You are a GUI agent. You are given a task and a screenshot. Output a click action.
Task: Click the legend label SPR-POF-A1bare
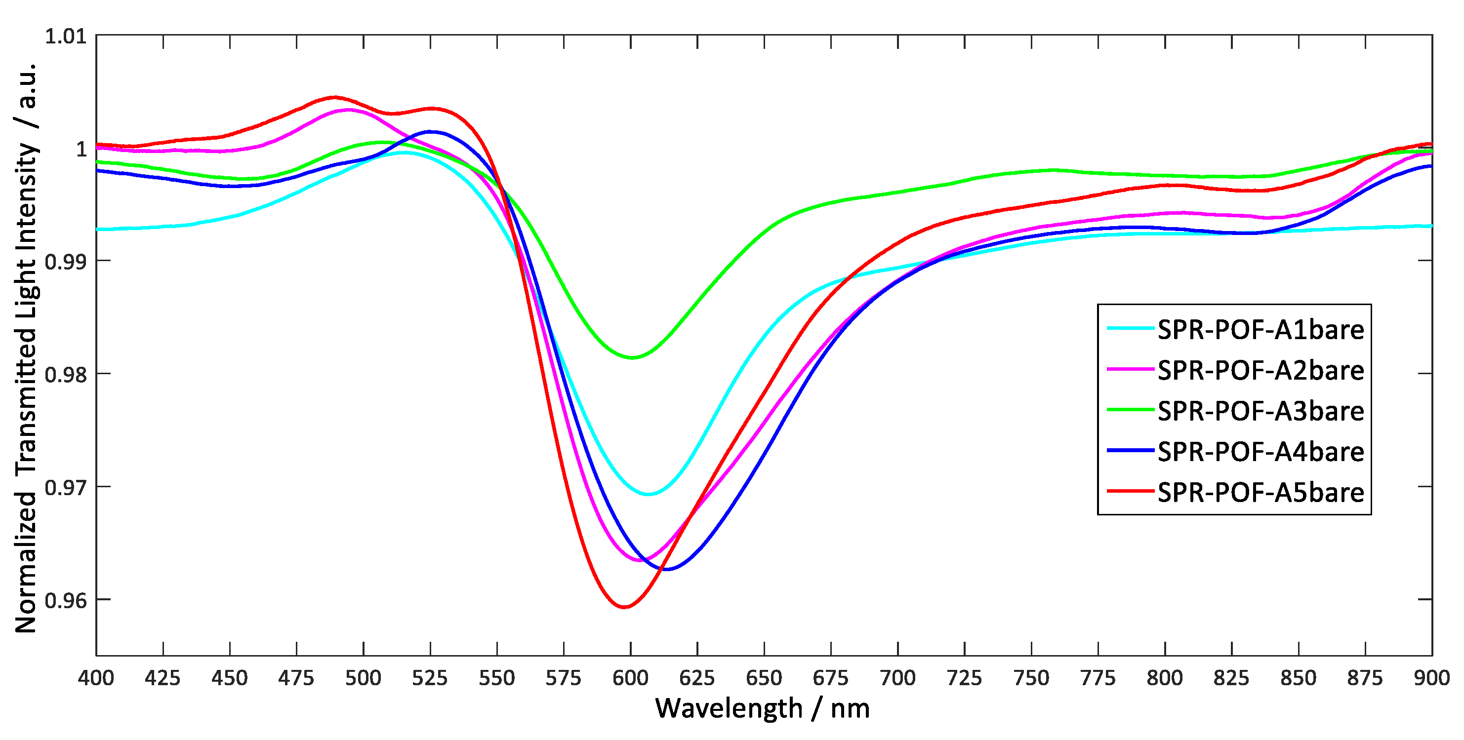1261,330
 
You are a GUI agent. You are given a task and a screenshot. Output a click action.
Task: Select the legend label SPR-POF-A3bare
1261,411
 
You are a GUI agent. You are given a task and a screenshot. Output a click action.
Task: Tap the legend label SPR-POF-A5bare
1261,492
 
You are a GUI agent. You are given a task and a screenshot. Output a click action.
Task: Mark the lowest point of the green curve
632,358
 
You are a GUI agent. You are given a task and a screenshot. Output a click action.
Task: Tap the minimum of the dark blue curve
667,569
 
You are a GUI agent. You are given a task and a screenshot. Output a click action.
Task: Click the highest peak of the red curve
335,97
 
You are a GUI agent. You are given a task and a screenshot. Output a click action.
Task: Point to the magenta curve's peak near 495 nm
348,110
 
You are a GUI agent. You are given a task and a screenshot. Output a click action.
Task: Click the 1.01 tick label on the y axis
65,37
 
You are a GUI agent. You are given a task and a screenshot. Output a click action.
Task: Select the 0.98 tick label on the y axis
65,375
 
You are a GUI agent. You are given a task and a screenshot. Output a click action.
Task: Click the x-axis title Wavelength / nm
762,709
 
